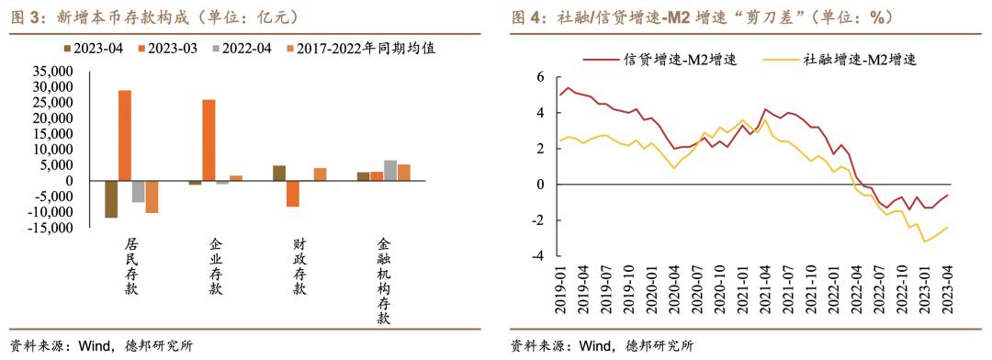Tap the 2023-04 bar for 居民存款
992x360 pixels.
pyautogui.click(x=111, y=198)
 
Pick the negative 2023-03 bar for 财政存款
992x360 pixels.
pyautogui.click(x=292, y=193)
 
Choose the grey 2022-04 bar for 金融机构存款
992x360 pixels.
pyautogui.click(x=389, y=170)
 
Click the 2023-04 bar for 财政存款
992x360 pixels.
pyautogui.click(x=279, y=173)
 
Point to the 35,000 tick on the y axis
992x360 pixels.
pyautogui.click(x=51, y=71)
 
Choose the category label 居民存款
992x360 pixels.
pyautogui.click(x=131, y=266)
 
